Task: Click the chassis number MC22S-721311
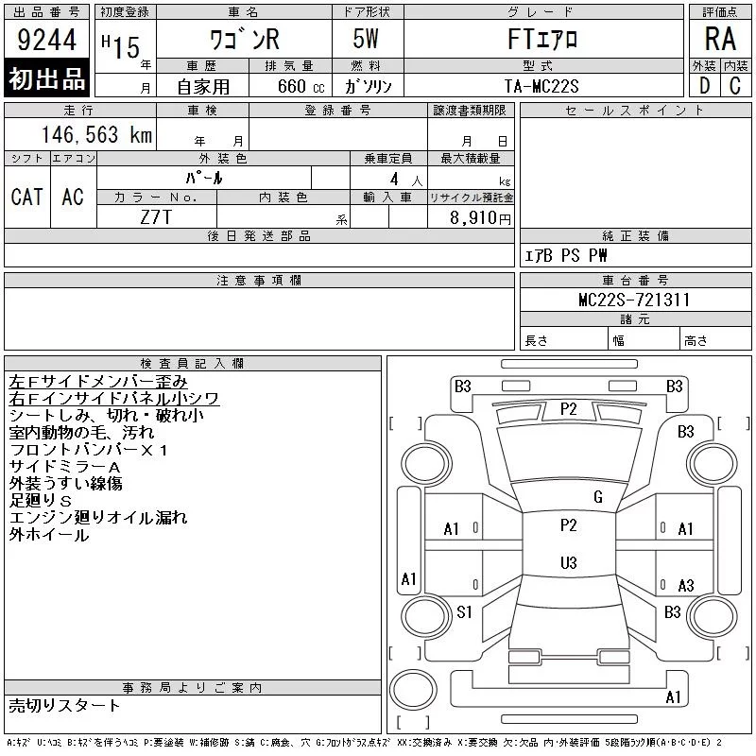click(x=634, y=300)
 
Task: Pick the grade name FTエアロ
click(x=541, y=40)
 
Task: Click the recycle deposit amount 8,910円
click(x=483, y=217)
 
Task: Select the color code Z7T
click(x=156, y=217)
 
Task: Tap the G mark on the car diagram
click(x=597, y=497)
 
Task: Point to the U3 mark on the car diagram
click(x=568, y=563)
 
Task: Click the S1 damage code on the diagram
click(x=464, y=612)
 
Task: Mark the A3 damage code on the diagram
click(x=686, y=586)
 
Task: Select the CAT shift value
click(x=26, y=197)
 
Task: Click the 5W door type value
click(x=368, y=40)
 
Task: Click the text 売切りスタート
click(x=64, y=705)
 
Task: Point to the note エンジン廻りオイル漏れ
click(x=98, y=518)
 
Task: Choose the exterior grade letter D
click(x=704, y=85)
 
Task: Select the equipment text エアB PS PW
click(x=566, y=255)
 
